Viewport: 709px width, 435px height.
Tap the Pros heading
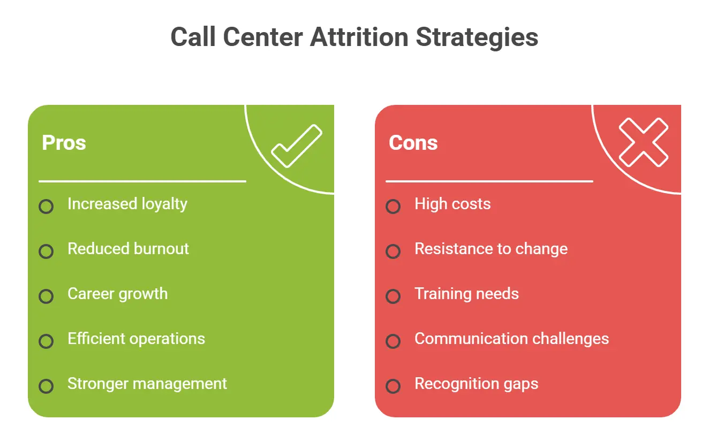[x=64, y=143]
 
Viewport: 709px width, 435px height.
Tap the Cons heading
[x=413, y=143]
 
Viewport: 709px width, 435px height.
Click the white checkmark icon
[x=296, y=146]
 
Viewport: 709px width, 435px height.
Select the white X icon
[x=643, y=143]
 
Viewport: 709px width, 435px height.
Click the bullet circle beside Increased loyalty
[x=47, y=207]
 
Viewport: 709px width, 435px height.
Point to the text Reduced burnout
[x=128, y=249]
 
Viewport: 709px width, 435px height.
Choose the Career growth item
[x=117, y=294]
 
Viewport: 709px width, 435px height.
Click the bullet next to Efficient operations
[x=47, y=341]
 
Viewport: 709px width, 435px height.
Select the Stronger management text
[x=147, y=384]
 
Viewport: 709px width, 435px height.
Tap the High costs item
[x=452, y=204]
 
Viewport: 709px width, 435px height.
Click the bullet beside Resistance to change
[x=393, y=251]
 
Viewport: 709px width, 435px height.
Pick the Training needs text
[x=466, y=294]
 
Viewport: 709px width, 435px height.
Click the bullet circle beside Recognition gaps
[x=393, y=386]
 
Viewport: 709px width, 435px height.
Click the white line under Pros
[x=142, y=181]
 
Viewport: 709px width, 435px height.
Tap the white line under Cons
[x=489, y=181]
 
